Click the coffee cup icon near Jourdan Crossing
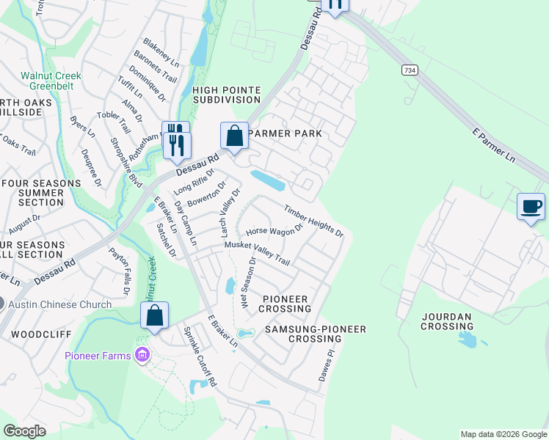click(x=531, y=206)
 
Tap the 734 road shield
click(x=410, y=70)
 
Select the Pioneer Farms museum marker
click(x=142, y=356)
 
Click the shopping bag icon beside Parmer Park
click(x=234, y=136)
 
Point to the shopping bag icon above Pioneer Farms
click(x=155, y=316)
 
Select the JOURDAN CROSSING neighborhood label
click(x=447, y=320)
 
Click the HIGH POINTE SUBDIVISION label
click(x=227, y=96)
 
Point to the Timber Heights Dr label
click(x=314, y=221)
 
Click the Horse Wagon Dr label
click(x=274, y=230)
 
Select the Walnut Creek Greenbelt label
click(x=51, y=81)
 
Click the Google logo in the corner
click(x=24, y=431)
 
